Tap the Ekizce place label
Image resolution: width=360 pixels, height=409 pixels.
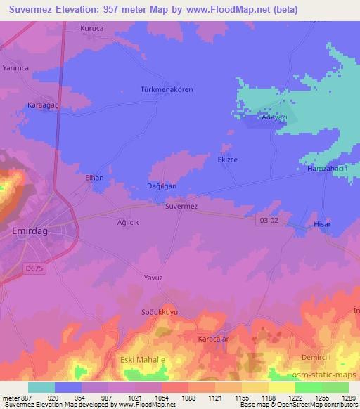(x=228, y=160)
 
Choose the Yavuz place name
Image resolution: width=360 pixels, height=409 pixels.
(x=153, y=278)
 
